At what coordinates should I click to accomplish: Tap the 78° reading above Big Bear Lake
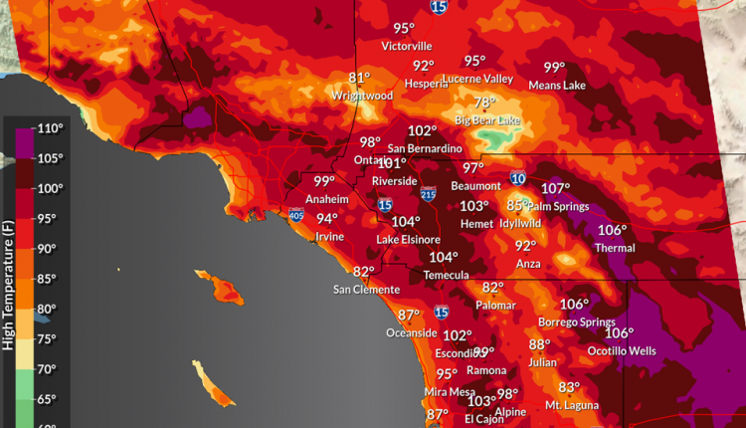click(x=484, y=103)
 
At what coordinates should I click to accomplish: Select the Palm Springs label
click(x=558, y=206)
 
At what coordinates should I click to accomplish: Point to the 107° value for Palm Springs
click(x=555, y=189)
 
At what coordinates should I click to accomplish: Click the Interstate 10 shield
click(x=518, y=178)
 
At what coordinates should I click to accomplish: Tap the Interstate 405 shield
click(x=296, y=214)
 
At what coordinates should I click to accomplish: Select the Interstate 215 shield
click(x=429, y=194)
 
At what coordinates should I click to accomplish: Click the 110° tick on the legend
click(x=51, y=128)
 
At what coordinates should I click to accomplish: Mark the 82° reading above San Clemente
click(x=364, y=272)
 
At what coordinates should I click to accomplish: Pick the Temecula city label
click(x=444, y=275)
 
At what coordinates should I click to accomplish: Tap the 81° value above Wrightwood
click(x=359, y=78)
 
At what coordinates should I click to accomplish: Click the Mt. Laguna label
click(x=571, y=405)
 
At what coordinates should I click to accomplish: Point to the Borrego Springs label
click(x=572, y=322)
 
